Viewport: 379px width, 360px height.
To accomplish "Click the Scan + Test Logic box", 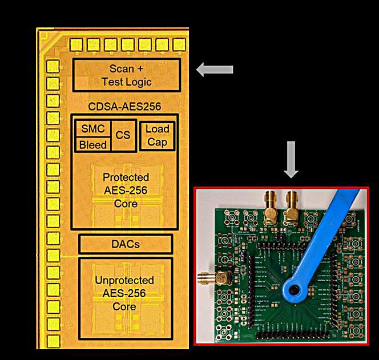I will coord(126,75).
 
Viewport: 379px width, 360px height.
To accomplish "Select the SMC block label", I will coord(93,129).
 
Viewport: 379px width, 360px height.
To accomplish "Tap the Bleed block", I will coord(93,145).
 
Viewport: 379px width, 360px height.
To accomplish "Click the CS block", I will coord(123,136).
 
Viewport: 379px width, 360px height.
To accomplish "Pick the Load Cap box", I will coord(158,135).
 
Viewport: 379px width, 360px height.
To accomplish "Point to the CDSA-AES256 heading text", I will coord(124,106).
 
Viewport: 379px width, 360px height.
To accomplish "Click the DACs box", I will coord(126,244).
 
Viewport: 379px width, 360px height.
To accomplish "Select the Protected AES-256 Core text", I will coord(126,190).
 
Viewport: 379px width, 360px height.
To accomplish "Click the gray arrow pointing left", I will coord(214,70).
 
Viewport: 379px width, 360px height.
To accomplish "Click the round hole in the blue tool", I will coord(295,290).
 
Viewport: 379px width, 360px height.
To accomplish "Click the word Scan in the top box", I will coord(121,69).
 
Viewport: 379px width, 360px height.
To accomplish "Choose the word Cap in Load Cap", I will coord(158,141).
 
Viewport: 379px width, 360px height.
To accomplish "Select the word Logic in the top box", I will coord(138,82).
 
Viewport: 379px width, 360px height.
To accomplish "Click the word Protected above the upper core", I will coord(126,177).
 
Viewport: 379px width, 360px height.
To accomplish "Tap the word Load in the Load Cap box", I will coord(158,129).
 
